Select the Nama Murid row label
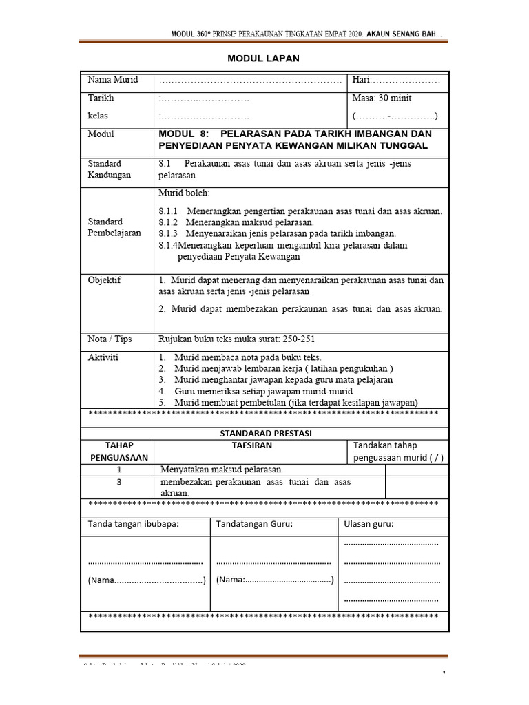(113, 80)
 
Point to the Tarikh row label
(101, 98)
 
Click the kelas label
(98, 116)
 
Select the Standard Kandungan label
(109, 169)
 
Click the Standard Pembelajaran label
(114, 227)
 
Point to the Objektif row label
(104, 280)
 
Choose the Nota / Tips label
(110, 339)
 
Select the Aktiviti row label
(103, 358)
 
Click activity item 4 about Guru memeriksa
(267, 391)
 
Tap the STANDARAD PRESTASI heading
(265, 433)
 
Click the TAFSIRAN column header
(251, 445)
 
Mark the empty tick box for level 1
(417, 470)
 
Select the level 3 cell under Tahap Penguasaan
(118, 482)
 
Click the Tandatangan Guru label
(254, 525)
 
